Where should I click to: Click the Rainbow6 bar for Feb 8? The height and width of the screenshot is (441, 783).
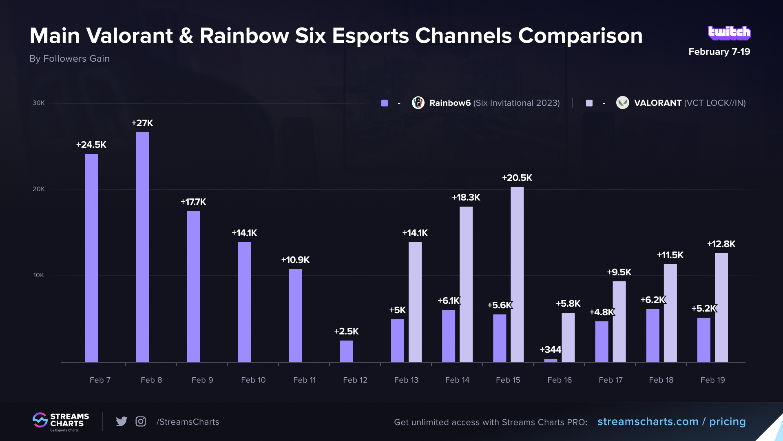(x=142, y=247)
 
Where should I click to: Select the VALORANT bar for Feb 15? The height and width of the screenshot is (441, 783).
(x=517, y=274)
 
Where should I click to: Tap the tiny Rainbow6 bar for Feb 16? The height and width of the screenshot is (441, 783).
(x=551, y=360)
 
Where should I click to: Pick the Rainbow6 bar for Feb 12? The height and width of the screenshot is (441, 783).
(x=346, y=351)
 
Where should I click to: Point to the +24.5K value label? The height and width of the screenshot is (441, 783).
(x=91, y=145)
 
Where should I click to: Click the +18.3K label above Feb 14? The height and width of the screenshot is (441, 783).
(x=466, y=198)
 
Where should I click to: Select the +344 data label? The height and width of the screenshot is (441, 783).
(x=550, y=350)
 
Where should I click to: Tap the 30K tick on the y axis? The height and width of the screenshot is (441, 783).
(x=39, y=103)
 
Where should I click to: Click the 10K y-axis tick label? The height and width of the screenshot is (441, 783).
(x=39, y=275)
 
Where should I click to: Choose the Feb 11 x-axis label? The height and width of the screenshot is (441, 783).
(x=304, y=380)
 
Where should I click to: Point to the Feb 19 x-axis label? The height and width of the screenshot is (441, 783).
(x=712, y=380)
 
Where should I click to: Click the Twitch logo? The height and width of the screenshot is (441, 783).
(x=729, y=33)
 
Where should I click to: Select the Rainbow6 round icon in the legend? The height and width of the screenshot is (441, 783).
(x=418, y=103)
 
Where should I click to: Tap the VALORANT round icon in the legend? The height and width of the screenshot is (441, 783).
(x=622, y=103)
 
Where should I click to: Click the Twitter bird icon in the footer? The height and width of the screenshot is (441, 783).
(x=122, y=421)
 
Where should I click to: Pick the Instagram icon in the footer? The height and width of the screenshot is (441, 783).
(x=141, y=421)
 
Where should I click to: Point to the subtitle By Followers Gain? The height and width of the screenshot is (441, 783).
(x=69, y=59)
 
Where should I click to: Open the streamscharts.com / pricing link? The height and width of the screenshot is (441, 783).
(x=671, y=422)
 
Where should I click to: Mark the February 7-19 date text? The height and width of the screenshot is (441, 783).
(x=719, y=52)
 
